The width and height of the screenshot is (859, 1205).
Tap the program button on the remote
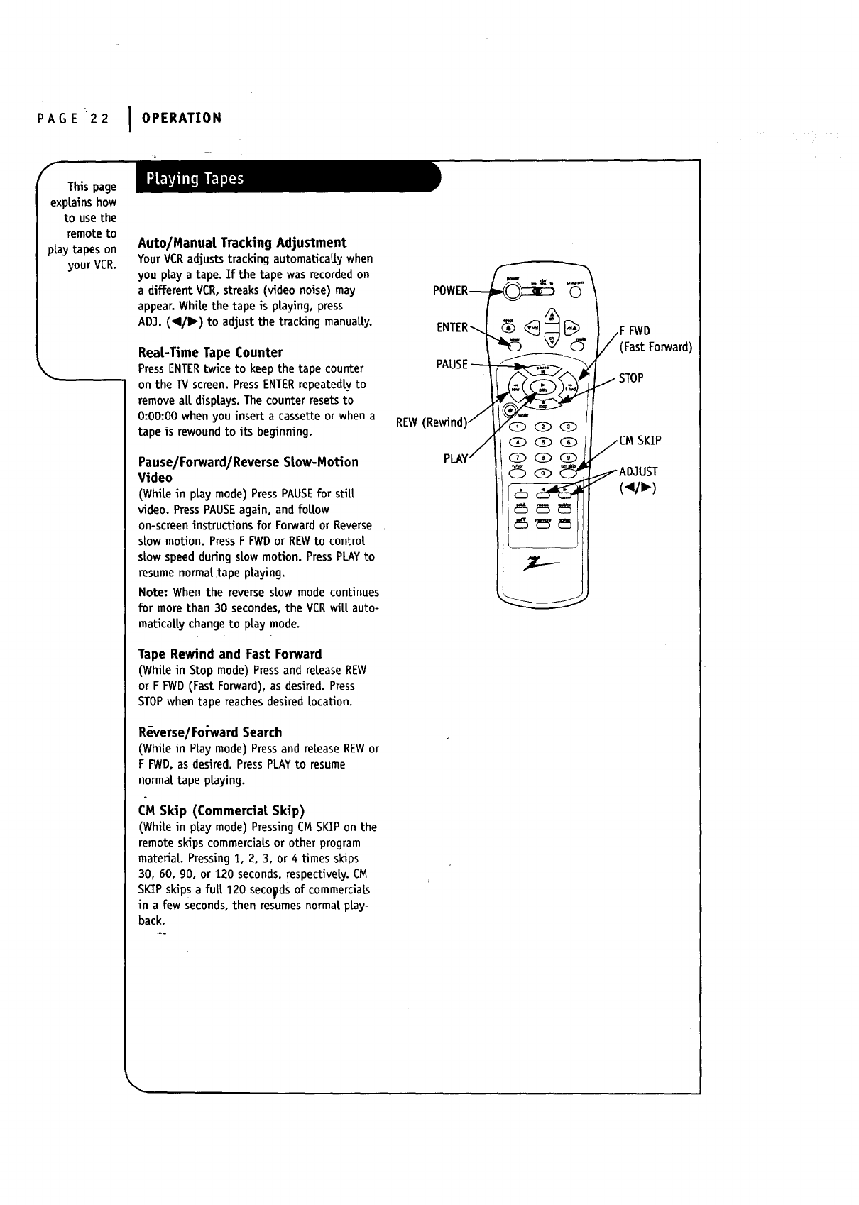click(575, 293)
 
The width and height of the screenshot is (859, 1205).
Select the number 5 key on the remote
click(545, 442)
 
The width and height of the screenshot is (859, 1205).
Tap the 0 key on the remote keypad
click(545, 473)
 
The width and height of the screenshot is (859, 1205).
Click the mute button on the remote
click(576, 346)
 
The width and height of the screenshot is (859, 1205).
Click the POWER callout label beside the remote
click(450, 290)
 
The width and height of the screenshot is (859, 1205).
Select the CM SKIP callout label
click(640, 441)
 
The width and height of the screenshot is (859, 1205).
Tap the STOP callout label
click(631, 378)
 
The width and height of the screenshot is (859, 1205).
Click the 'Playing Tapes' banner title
click(195, 179)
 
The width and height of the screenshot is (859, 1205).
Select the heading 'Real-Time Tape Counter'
click(210, 353)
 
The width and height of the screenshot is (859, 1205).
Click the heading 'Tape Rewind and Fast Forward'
click(229, 654)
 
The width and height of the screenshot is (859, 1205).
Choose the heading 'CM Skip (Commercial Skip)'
click(221, 810)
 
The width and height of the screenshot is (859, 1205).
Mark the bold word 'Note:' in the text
click(153, 592)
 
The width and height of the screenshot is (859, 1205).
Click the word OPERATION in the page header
click(182, 117)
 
